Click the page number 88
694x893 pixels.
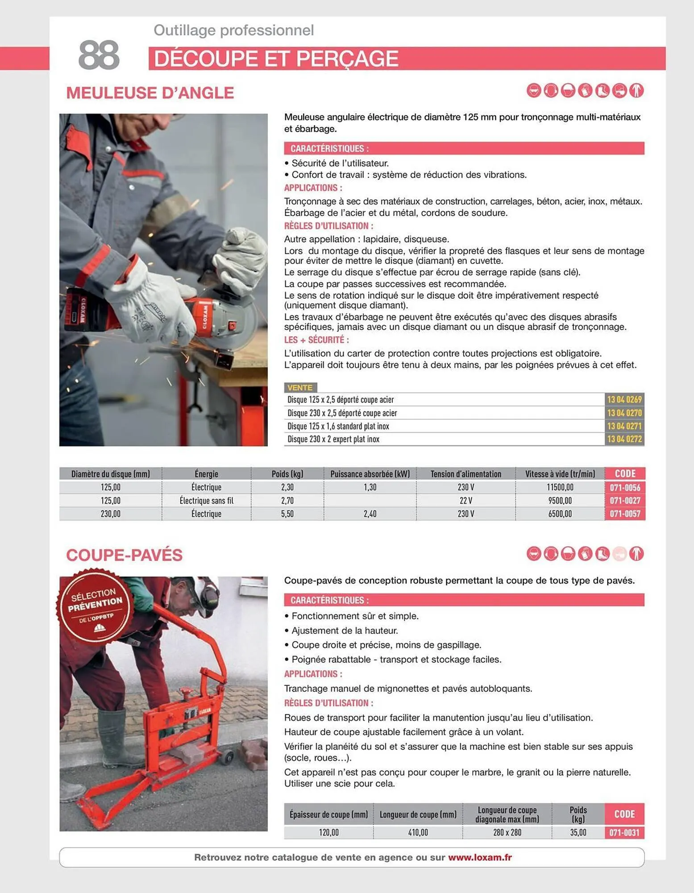click(99, 55)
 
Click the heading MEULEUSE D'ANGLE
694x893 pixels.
click(150, 93)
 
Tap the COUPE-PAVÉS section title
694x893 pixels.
click(124, 555)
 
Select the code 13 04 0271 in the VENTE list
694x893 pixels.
click(624, 426)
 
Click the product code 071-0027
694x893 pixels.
click(624, 501)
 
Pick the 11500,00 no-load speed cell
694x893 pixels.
click(560, 487)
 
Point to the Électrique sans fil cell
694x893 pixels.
click(206, 501)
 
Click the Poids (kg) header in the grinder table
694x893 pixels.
click(287, 474)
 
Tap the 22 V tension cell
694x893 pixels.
click(465, 501)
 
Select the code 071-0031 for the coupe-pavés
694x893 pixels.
click(624, 833)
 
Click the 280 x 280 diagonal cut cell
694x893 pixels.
click(507, 833)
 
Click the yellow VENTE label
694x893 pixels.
click(300, 388)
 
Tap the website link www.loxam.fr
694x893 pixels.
click(480, 857)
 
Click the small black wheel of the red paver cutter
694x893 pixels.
click(228, 757)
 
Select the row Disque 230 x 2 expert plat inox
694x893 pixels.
click(333, 439)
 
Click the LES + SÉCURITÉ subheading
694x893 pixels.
click(316, 340)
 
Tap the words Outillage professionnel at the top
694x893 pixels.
click(233, 30)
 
